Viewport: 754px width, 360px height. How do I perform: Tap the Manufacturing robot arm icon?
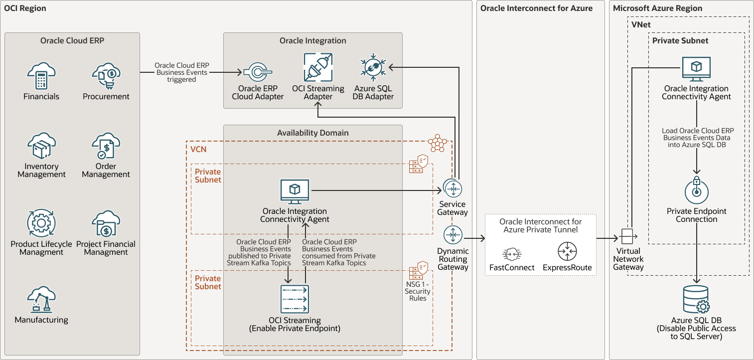click(x=41, y=300)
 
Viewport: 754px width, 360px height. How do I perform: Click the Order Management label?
click(x=106, y=170)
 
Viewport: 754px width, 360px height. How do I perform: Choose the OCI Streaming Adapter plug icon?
click(x=318, y=67)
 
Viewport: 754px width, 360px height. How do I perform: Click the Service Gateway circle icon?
click(x=452, y=188)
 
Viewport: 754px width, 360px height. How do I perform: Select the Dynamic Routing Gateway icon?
click(x=452, y=235)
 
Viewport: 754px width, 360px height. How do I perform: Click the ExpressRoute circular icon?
click(x=567, y=252)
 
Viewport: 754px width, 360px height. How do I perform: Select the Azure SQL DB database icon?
click(x=696, y=300)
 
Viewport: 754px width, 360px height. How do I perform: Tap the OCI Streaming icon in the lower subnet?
click(x=295, y=299)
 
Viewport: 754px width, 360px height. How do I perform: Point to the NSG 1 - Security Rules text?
click(x=418, y=290)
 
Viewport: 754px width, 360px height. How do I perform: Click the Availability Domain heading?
click(x=312, y=133)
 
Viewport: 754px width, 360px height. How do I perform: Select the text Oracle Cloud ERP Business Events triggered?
click(x=181, y=72)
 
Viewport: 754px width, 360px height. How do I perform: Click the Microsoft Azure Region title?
click(x=657, y=8)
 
